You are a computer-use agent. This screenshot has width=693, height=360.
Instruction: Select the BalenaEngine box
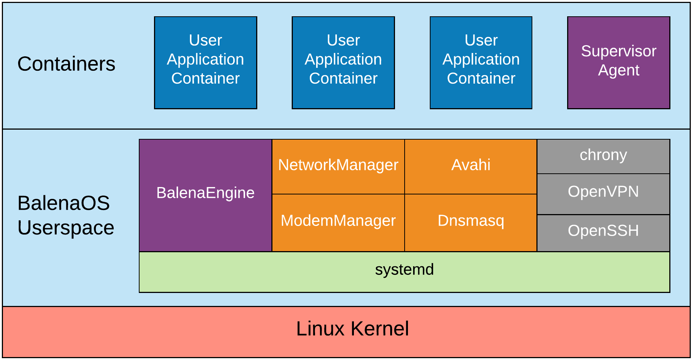205,195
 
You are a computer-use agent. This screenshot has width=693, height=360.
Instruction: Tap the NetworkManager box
338,166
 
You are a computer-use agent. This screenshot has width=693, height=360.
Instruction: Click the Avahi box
471,166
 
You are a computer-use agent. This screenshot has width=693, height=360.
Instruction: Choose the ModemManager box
338,222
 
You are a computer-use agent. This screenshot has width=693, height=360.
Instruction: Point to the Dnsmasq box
471,222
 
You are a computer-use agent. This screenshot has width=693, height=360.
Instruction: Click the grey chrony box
603,156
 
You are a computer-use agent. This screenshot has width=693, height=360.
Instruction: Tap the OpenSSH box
603,232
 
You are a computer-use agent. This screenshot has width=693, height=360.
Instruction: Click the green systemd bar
404,271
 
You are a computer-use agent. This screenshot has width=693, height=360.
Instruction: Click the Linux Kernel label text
352,329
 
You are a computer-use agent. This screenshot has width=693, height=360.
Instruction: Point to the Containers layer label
66,64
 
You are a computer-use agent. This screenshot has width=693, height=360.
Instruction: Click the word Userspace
66,228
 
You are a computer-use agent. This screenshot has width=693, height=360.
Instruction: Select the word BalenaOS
63,203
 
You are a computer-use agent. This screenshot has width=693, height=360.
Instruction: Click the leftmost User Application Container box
205,62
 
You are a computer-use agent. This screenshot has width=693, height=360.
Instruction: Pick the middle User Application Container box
343,62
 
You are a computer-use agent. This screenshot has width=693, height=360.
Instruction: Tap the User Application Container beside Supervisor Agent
481,62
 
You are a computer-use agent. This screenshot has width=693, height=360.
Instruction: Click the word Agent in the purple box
619,70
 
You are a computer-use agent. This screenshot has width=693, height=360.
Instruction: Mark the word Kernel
379,329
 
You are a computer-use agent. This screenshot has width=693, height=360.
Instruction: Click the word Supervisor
619,51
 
